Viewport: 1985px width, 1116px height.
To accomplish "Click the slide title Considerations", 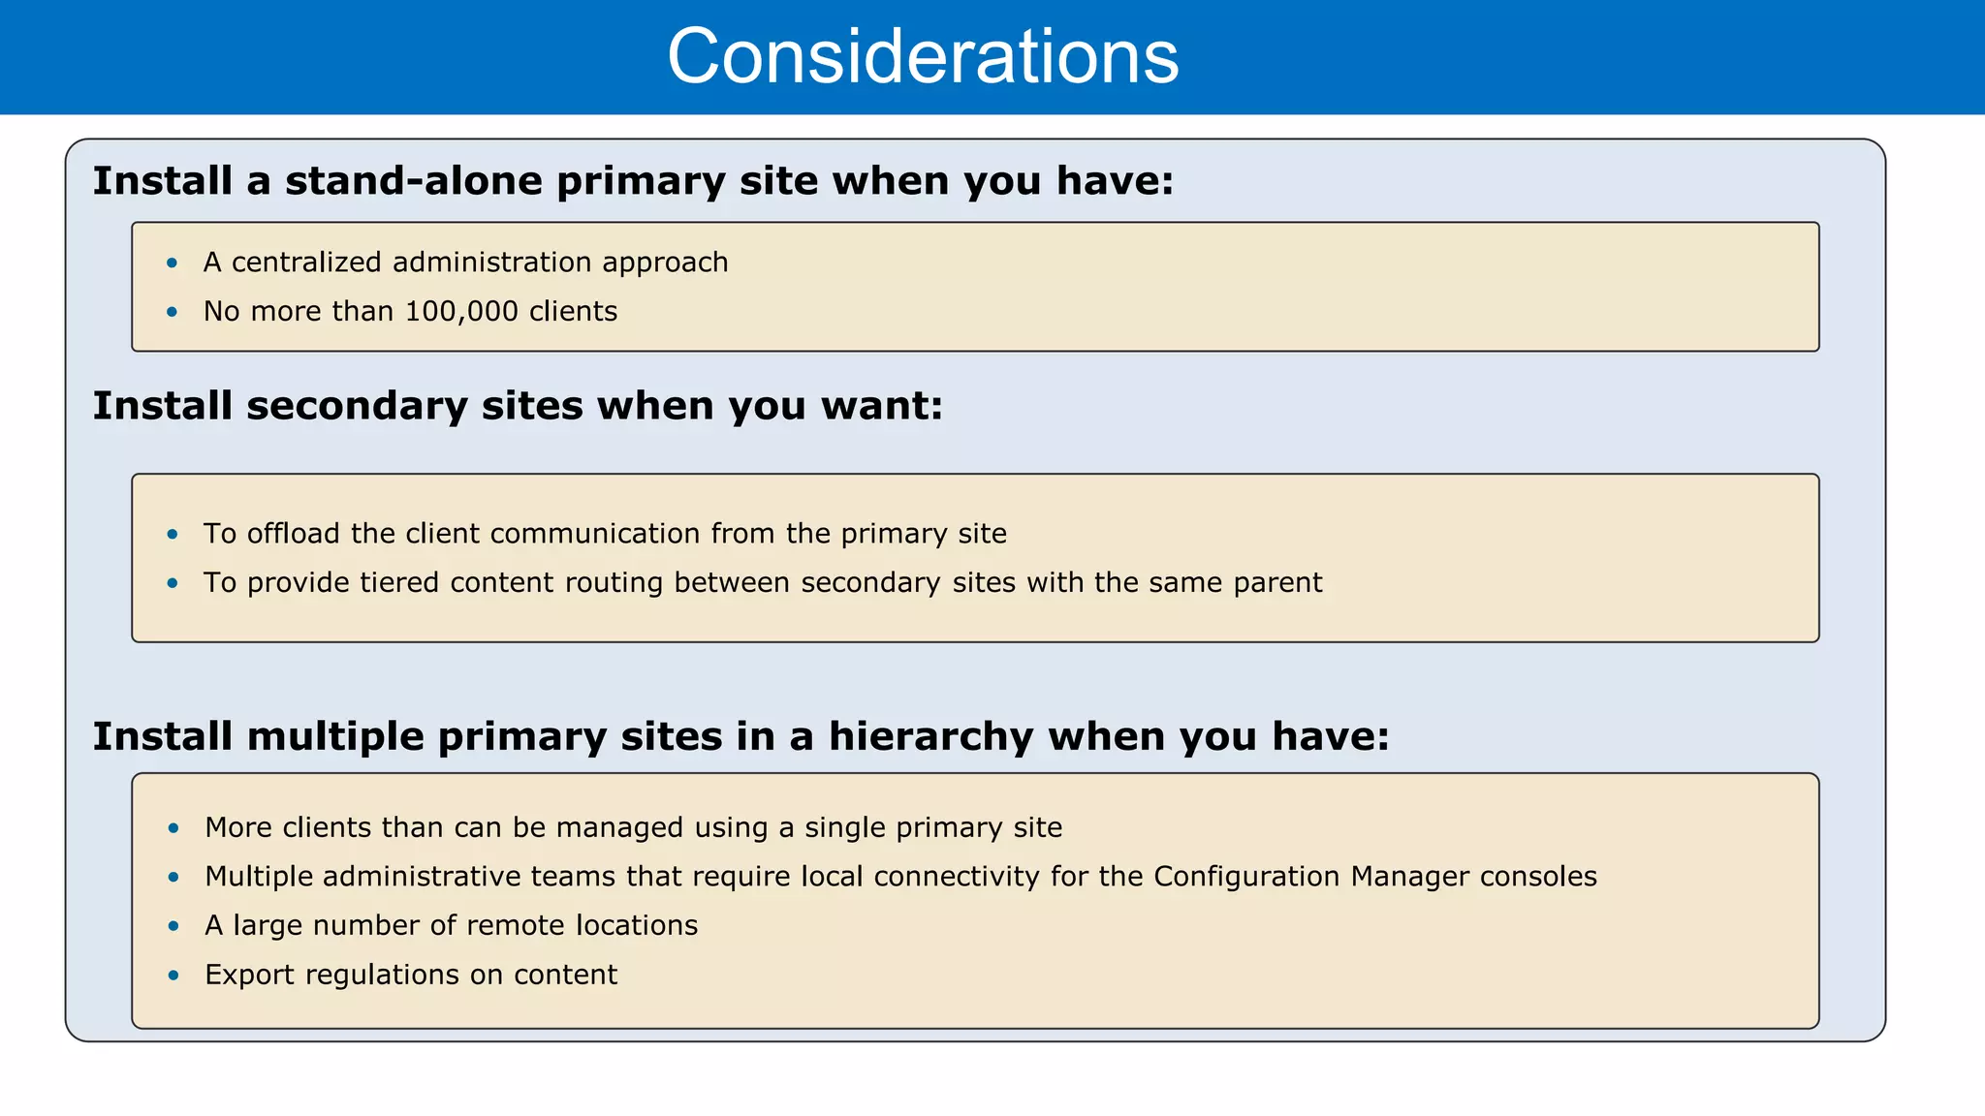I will [x=922, y=56].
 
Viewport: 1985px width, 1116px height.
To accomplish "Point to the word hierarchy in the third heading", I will [x=930, y=737].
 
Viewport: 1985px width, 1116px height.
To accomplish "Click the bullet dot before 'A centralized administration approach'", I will [x=173, y=263].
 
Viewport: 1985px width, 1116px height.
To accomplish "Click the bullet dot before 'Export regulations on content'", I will [x=173, y=975].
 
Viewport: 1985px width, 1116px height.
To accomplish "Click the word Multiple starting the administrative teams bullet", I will [x=259, y=877].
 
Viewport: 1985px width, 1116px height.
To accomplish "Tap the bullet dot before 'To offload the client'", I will [x=173, y=534].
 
